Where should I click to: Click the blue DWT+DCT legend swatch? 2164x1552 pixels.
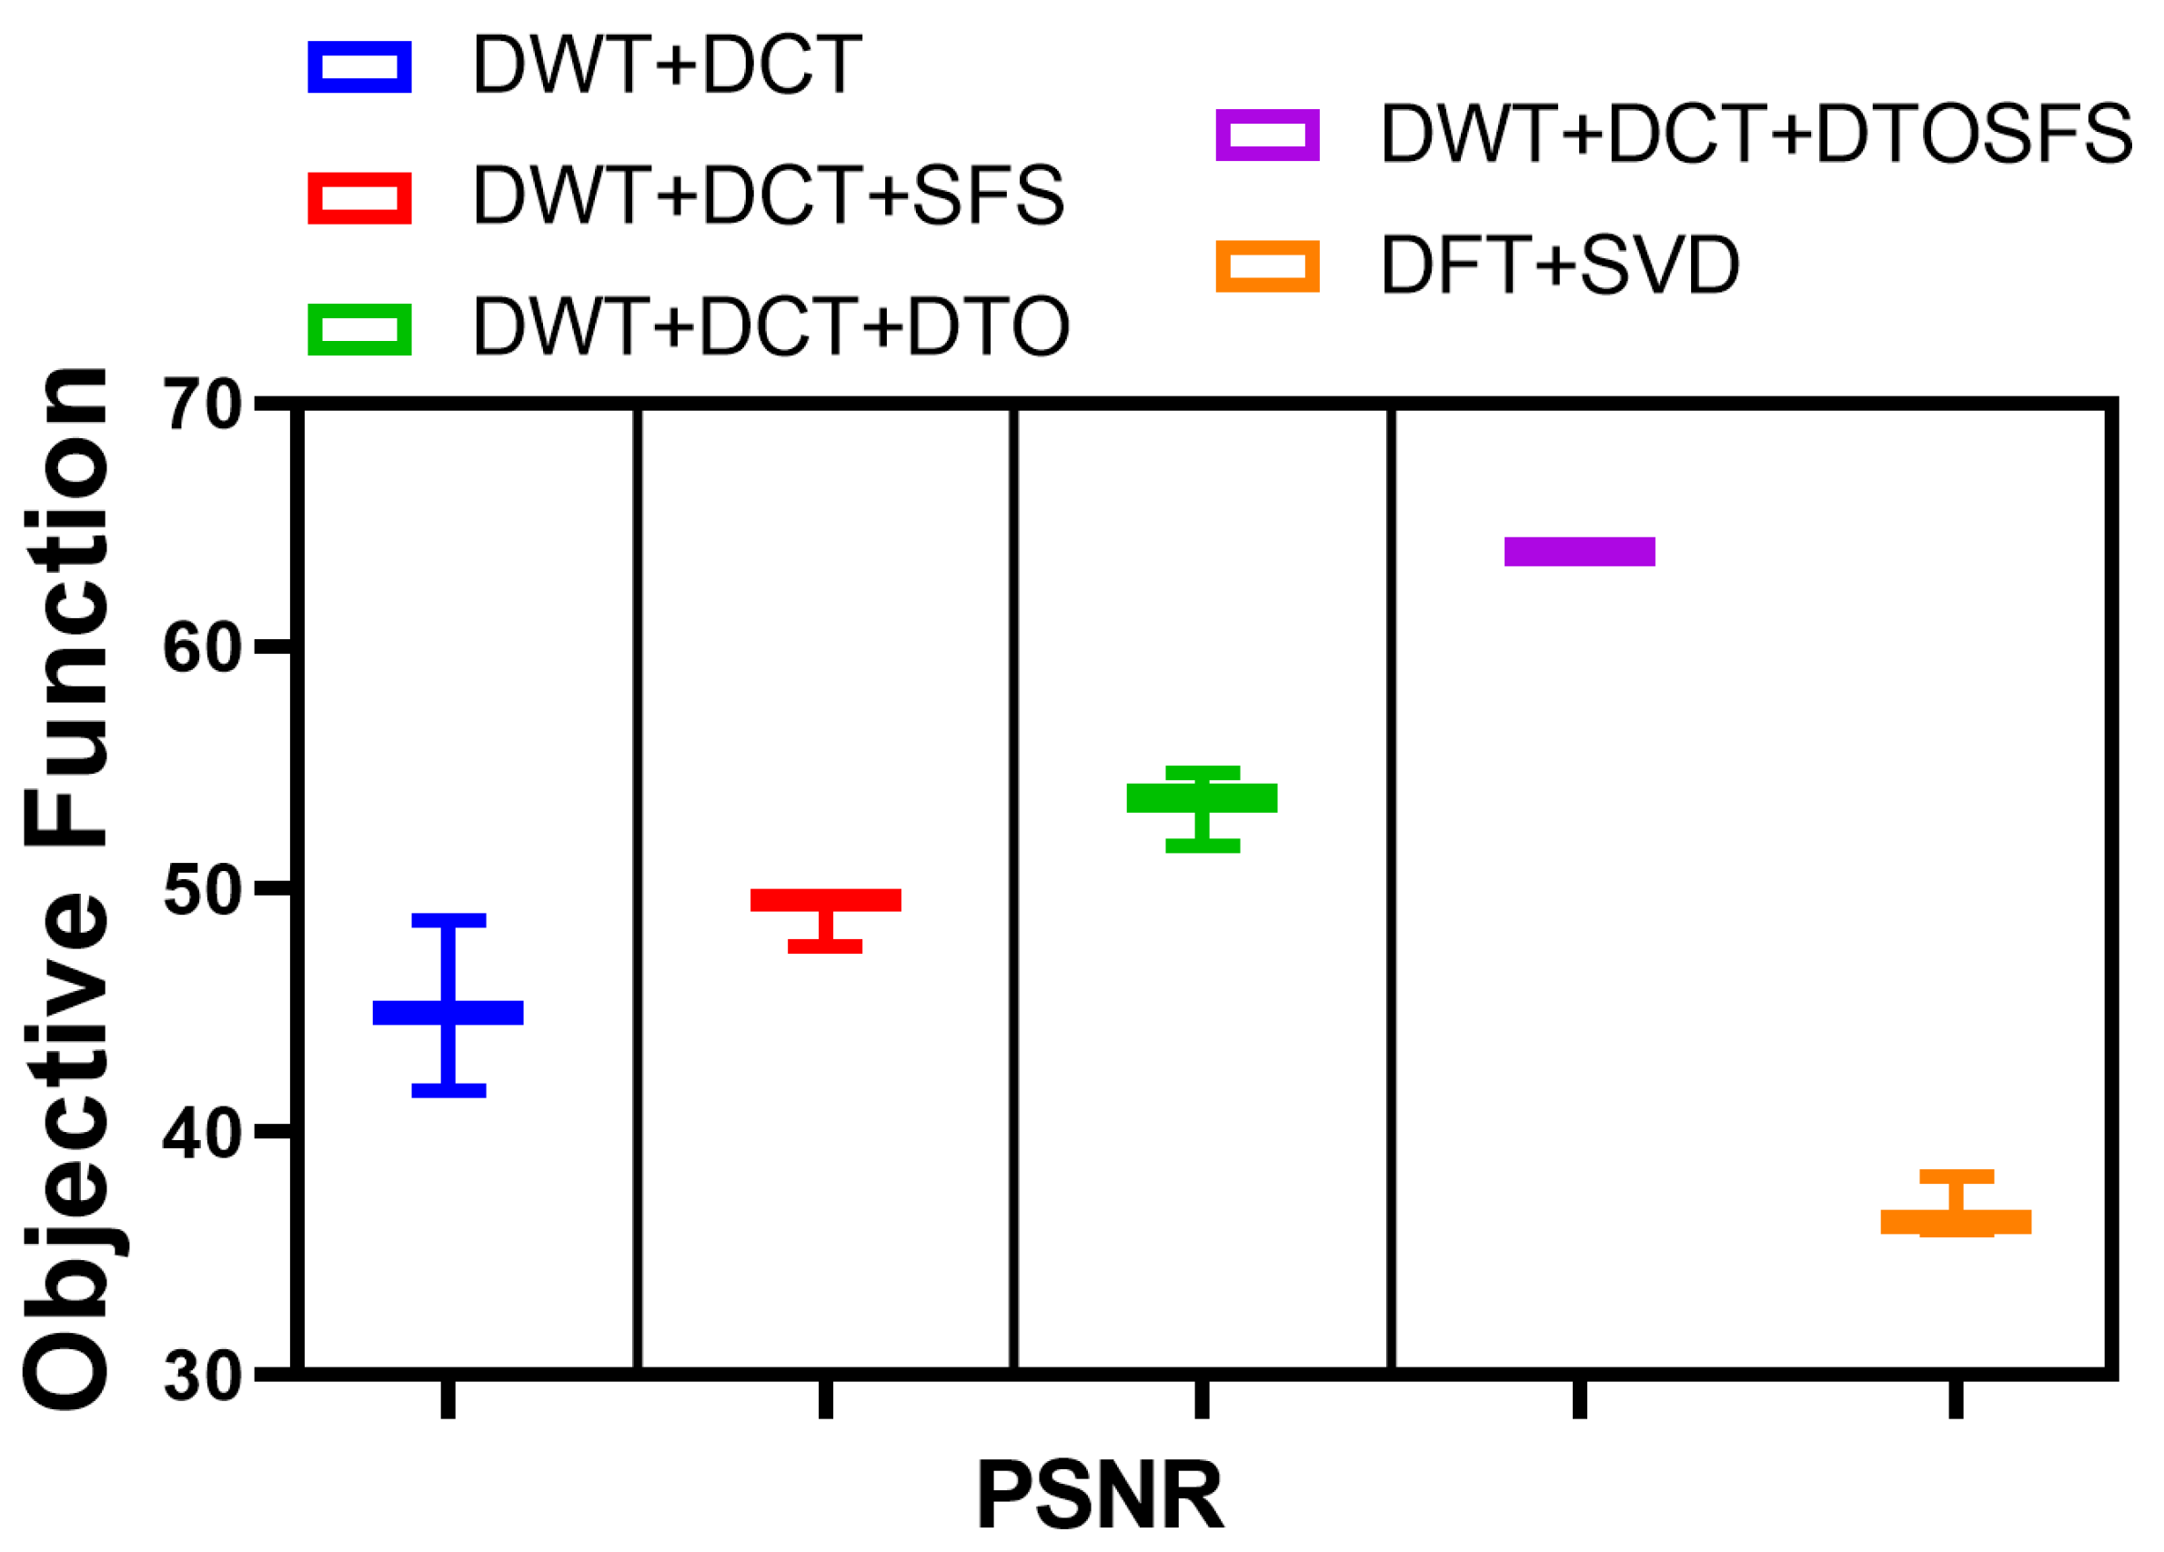(359, 66)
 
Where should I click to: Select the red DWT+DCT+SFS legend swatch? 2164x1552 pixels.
(359, 197)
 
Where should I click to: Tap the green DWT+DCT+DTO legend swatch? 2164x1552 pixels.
(359, 329)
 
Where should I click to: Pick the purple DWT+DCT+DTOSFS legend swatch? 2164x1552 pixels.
(1267, 135)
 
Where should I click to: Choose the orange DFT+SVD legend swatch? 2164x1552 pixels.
(1267, 265)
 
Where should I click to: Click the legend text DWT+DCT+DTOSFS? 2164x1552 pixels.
(1756, 135)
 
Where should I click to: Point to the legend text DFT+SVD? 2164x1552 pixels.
(1560, 265)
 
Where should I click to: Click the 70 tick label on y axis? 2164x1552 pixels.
(202, 406)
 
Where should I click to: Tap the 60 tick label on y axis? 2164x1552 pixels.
(202, 648)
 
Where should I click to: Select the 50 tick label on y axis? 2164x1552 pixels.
(202, 891)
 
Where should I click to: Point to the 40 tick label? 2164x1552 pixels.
(202, 1134)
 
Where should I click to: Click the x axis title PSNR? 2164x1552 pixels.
(1099, 1495)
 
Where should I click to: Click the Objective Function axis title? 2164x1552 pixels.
(66, 887)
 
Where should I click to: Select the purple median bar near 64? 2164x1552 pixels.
(1579, 551)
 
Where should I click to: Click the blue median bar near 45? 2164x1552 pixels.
(448, 1012)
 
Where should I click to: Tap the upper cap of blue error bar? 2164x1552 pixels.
(448, 919)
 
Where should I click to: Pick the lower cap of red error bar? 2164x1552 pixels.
(824, 946)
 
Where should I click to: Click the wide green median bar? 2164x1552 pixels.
(1202, 797)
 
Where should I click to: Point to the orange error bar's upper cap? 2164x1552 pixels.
(1956, 1176)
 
